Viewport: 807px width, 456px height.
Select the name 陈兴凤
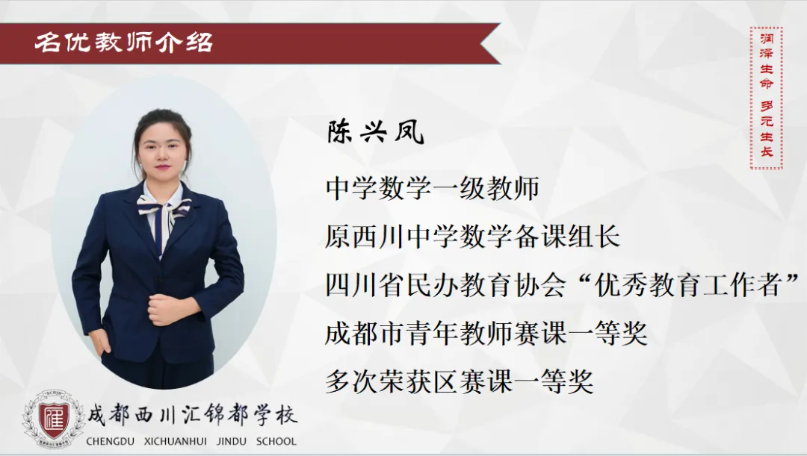[375, 133]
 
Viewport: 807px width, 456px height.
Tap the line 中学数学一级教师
[433, 188]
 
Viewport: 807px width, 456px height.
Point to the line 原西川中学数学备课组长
[472, 237]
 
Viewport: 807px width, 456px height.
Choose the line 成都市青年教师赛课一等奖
[486, 334]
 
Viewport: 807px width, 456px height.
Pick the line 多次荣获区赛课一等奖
[459, 382]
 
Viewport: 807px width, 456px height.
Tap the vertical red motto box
[767, 98]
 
